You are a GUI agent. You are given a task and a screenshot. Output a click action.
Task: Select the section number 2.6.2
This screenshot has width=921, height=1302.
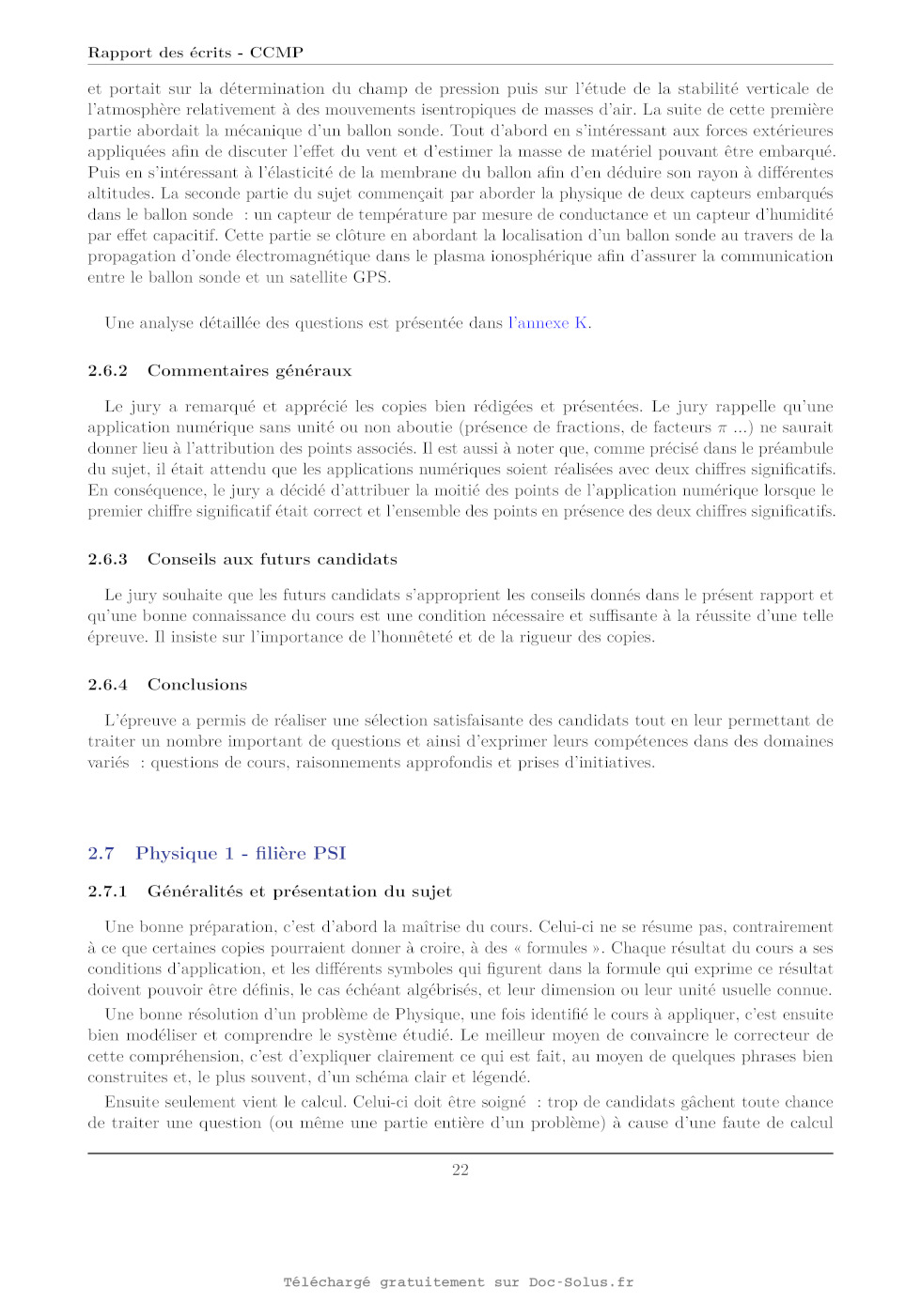coord(107,371)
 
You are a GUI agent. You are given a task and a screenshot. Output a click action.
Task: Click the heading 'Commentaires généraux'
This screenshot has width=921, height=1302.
coord(249,371)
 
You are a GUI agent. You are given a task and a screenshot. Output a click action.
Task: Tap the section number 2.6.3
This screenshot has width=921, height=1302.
coord(107,560)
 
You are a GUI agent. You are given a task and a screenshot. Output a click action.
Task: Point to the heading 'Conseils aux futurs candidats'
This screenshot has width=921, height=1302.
coord(272,560)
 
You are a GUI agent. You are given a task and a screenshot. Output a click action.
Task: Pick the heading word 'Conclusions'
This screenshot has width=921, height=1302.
coord(197,685)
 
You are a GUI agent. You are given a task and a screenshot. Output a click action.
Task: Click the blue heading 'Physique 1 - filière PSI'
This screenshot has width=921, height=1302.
coord(241,853)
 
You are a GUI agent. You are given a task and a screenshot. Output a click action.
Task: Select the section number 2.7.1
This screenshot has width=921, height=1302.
coord(107,891)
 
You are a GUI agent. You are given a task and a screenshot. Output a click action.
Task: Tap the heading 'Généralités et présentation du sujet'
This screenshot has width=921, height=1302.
coord(299,891)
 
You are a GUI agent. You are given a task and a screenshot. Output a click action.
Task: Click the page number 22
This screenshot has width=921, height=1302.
coord(460,1170)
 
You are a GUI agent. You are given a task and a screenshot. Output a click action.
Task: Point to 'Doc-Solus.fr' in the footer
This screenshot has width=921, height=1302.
coord(581,1282)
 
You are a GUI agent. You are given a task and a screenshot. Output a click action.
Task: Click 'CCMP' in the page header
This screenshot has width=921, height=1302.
coord(276,53)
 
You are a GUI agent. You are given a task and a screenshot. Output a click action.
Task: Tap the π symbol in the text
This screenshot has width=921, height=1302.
coord(722,428)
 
